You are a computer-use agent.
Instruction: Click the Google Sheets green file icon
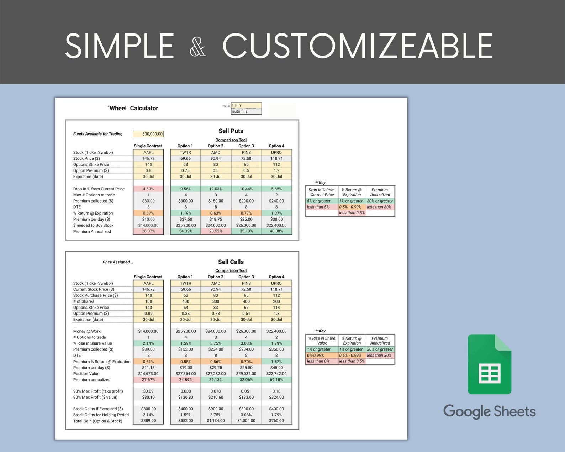[x=489, y=364]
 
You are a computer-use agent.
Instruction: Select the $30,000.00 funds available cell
[x=148, y=134]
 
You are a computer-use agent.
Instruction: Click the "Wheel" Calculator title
[x=133, y=108]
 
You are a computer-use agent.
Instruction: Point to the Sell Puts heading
[x=231, y=131]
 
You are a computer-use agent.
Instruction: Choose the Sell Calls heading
[x=231, y=262]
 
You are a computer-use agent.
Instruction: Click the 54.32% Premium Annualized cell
[x=185, y=231]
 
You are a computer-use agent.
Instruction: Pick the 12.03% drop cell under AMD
[x=216, y=189]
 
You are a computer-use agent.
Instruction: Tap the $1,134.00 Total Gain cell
[x=216, y=421]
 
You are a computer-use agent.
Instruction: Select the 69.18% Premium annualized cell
[x=276, y=380]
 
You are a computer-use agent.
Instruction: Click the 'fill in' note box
[x=246, y=105]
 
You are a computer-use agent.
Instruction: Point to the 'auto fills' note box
[x=246, y=111]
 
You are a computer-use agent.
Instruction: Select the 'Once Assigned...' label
[x=118, y=262]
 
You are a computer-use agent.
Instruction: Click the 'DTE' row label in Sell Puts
[x=77, y=207]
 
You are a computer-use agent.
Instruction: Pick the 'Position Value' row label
[x=86, y=374]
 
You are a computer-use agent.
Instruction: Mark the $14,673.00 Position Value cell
[x=148, y=374]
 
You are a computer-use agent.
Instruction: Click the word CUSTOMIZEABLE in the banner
[x=358, y=46]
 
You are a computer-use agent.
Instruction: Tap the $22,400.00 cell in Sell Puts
[x=276, y=225]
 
